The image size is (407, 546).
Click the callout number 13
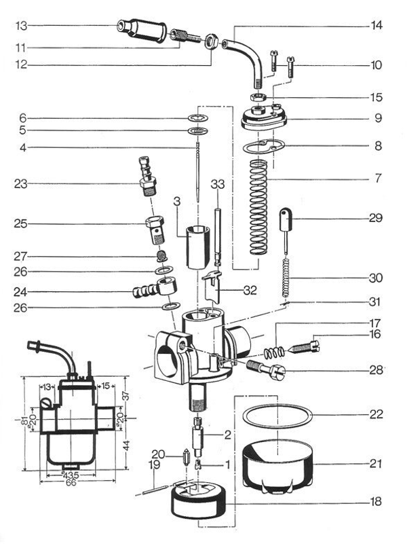(22, 26)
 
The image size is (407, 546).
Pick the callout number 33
(217, 183)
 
